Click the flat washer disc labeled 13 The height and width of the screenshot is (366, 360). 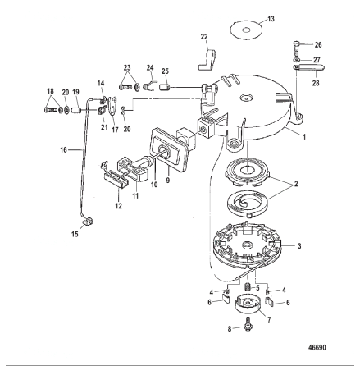coord(246,30)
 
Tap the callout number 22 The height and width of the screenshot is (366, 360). coord(204,37)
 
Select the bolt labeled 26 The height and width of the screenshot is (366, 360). coord(296,48)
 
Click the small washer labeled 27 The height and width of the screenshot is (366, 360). coord(296,60)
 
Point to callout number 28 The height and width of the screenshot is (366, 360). coord(316,83)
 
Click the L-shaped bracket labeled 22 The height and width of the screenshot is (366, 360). coord(207,60)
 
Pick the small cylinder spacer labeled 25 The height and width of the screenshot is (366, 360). coord(165,88)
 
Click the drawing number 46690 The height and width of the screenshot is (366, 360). coord(317,348)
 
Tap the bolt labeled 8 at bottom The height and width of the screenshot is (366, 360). coord(248,324)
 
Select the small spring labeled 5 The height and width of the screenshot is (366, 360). coord(248,286)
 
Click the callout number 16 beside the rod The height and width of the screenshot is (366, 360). coord(63,149)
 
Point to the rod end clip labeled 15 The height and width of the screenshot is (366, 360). coord(88,221)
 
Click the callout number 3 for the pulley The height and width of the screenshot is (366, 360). coord(299,246)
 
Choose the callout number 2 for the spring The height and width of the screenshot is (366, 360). coord(296,184)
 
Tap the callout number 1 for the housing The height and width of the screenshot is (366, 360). coord(304,136)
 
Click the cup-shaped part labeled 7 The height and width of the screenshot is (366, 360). coord(248,302)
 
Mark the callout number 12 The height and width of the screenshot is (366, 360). coord(118,205)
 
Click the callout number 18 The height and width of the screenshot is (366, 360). coord(50,91)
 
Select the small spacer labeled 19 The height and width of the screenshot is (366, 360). coord(76,111)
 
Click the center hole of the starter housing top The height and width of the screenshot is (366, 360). coord(246,98)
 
